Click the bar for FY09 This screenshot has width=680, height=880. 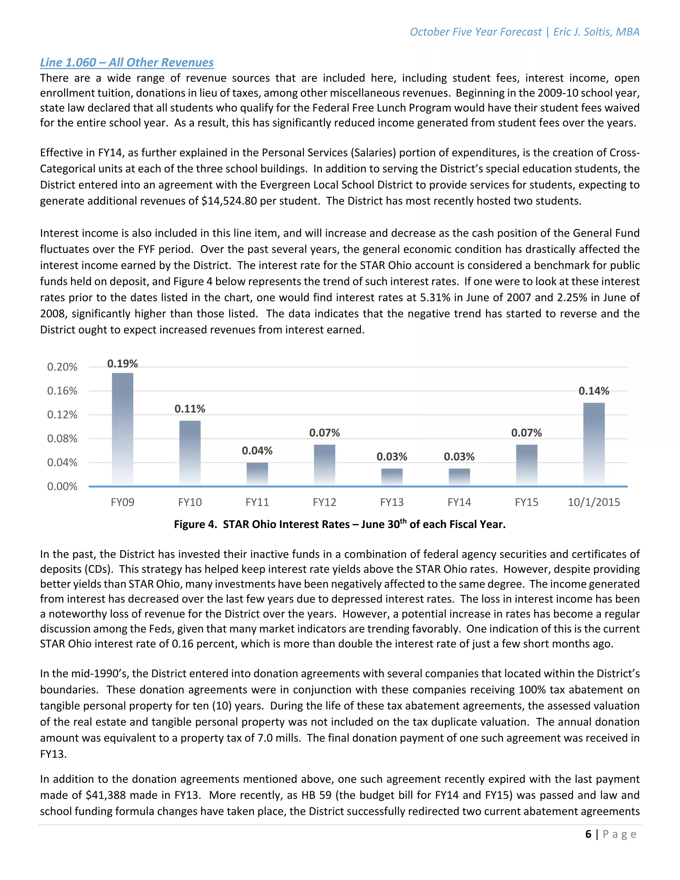coord(123,429)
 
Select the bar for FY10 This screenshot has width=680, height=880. coord(190,453)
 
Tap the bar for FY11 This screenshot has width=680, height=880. coord(257,474)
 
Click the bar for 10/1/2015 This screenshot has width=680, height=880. coord(594,444)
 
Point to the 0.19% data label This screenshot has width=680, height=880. coord(123,364)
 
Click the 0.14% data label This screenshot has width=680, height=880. coord(594,391)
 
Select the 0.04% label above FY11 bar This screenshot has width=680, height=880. coord(257,451)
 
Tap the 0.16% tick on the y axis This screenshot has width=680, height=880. coord(62,391)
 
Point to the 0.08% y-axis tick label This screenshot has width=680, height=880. coord(62,438)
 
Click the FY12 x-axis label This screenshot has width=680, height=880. coord(324,502)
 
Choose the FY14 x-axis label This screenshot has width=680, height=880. coord(459,502)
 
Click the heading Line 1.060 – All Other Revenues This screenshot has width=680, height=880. coord(127,62)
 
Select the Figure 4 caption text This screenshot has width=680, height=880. coord(340,524)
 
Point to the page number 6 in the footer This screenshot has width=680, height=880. coord(588,834)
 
